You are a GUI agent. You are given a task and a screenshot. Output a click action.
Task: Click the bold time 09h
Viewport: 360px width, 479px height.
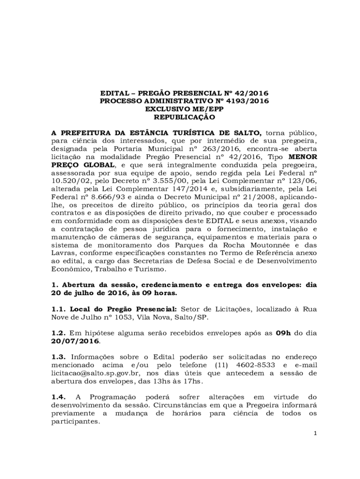click(x=284, y=333)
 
